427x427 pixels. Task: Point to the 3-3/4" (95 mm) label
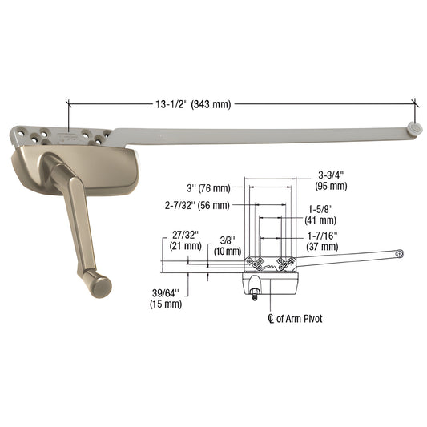[332, 180]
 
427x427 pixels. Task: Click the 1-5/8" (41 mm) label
[323, 215]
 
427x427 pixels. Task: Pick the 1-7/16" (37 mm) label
[321, 240]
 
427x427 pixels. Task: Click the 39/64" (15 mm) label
[166, 298]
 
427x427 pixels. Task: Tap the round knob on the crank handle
[99, 283]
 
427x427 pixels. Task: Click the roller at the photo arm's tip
[413, 126]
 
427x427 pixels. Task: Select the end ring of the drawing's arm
[399, 254]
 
